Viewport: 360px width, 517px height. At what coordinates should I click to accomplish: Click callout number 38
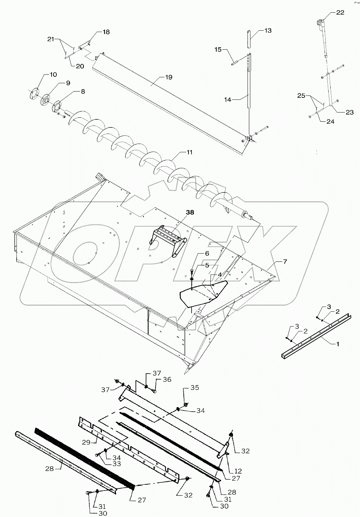point(190,212)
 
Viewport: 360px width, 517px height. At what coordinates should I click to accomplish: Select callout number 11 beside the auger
point(189,152)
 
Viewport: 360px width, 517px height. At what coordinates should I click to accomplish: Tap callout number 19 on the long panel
point(168,77)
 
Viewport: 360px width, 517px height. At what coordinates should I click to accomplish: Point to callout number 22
point(340,13)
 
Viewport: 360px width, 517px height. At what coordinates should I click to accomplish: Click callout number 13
point(268,31)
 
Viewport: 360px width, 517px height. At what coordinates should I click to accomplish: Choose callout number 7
point(285,261)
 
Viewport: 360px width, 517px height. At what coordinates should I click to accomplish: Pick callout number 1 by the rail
point(338,344)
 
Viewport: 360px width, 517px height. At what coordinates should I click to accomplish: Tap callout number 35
point(195,387)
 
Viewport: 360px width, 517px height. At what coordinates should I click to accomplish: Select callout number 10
point(53,74)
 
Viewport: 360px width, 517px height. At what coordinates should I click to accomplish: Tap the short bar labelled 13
point(250,39)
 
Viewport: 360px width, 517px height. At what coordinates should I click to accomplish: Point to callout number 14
point(228,100)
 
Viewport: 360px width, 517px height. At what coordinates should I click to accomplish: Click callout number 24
point(330,121)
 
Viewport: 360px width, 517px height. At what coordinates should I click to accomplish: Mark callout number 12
point(237,471)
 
